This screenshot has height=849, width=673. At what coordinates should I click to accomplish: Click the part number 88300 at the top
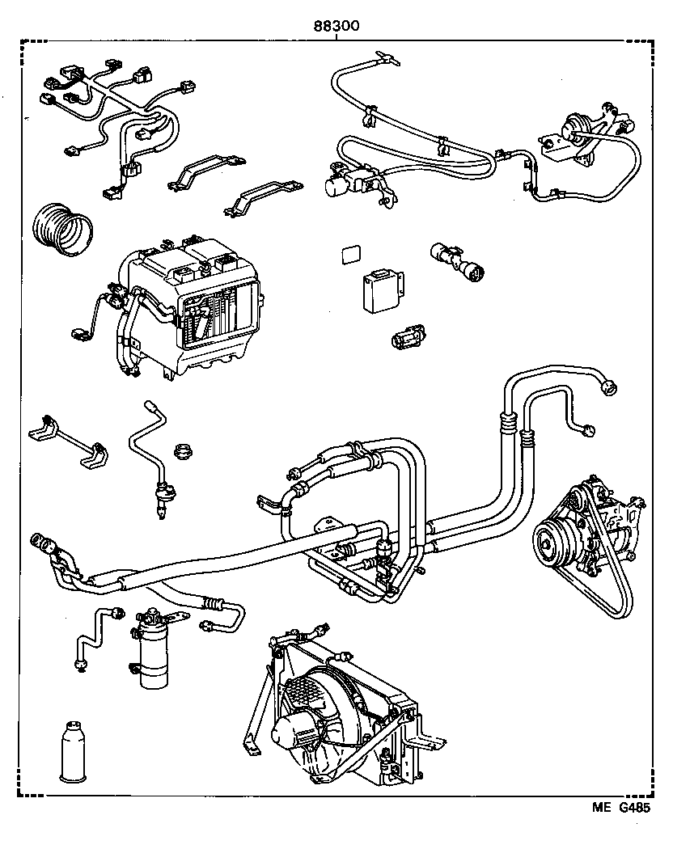tap(336, 26)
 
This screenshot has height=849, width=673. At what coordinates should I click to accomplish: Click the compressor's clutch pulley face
tap(554, 541)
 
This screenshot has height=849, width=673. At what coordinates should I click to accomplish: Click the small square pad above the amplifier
tap(350, 254)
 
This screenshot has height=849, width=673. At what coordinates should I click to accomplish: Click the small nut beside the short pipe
tap(184, 450)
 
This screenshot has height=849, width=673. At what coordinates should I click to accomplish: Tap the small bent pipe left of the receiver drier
tap(95, 635)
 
